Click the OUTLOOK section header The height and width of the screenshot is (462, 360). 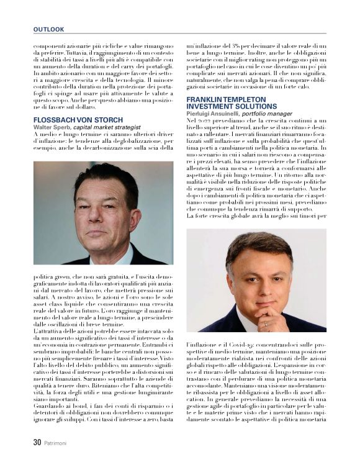pos(48,29)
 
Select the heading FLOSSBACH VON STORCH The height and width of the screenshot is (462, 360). pos(78,119)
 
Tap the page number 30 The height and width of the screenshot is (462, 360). pos(37,443)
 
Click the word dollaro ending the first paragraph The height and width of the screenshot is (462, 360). pos(82,107)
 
